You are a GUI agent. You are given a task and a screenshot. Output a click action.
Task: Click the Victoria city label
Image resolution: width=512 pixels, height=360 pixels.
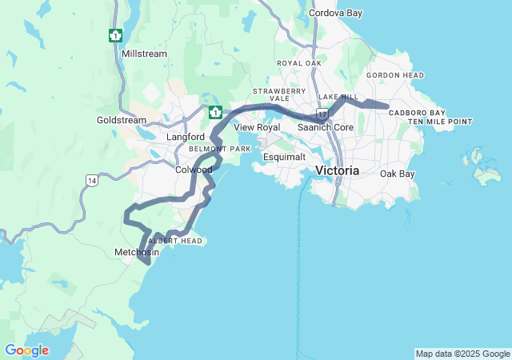point(337,171)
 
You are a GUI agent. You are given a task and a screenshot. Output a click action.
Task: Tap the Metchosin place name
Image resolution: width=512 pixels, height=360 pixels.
point(137,252)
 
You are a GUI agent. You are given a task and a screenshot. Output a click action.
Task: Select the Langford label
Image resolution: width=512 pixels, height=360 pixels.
point(186,137)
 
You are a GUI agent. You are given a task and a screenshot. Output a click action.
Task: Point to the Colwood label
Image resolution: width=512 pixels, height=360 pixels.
point(194,170)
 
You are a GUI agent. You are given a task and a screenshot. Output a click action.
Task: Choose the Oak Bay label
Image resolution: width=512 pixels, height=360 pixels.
point(398,174)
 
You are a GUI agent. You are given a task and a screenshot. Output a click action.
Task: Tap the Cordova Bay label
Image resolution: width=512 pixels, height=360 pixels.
point(335,14)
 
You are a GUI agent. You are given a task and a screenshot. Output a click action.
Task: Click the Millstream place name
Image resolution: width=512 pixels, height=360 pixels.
point(144,54)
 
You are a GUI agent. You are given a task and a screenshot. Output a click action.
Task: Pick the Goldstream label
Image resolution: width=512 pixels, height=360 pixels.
point(122,120)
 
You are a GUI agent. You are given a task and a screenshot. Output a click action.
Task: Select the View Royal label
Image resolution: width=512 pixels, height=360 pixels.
point(257,127)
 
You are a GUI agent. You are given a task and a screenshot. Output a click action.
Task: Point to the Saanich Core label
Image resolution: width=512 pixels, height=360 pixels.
point(326,127)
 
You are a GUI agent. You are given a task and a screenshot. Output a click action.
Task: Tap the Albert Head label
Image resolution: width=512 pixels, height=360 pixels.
point(174,241)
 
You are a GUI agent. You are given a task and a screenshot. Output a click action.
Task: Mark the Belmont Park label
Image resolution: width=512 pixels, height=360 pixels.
point(220,149)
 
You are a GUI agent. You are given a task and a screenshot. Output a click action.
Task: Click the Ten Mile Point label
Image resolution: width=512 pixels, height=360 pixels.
point(440,122)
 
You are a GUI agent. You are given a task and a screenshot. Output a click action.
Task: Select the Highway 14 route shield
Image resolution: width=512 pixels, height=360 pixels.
point(93,181)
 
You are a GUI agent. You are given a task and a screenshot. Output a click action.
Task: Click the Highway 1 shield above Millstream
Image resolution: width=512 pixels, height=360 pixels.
point(116,35)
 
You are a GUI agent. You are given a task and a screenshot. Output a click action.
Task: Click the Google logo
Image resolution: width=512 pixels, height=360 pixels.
point(26,350)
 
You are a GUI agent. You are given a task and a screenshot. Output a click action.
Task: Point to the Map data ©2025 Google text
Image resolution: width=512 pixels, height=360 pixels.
point(462,354)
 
